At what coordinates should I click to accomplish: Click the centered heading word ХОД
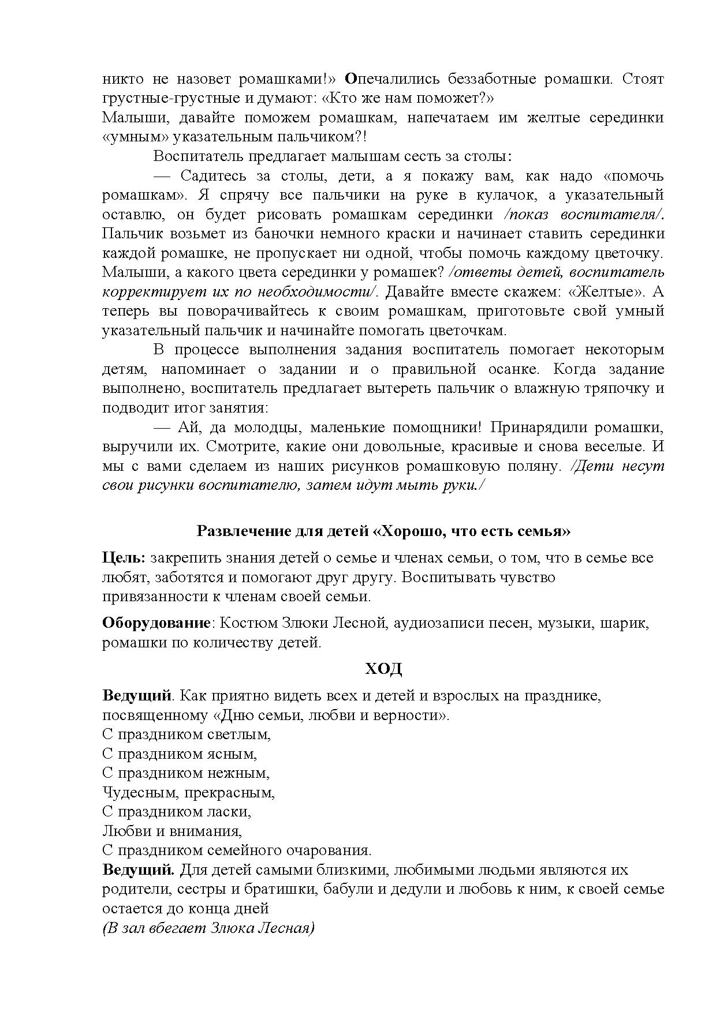point(383,669)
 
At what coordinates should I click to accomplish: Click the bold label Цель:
point(124,558)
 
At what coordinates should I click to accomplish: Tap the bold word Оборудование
point(155,623)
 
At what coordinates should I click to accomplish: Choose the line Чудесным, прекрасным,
point(188,792)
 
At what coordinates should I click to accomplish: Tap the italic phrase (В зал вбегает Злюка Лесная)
point(208,928)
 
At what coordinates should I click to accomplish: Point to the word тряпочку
point(617,388)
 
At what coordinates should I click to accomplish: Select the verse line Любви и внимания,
point(171,831)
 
